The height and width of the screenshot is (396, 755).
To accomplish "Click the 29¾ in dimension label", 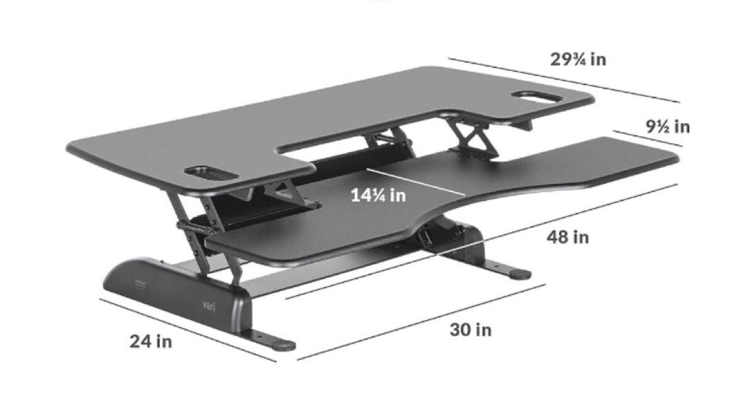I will tap(578, 60).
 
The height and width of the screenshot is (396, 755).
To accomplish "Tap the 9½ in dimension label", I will tap(668, 126).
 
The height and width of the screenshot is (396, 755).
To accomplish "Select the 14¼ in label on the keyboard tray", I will tap(378, 195).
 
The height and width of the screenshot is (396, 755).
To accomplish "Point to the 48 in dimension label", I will tap(568, 237).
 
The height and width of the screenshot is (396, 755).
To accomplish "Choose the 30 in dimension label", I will tap(471, 329).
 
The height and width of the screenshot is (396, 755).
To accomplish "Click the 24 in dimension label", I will tap(151, 341).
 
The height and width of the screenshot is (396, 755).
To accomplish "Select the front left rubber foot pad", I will tap(283, 344).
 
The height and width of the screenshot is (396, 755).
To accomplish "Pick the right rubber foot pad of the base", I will tap(520, 274).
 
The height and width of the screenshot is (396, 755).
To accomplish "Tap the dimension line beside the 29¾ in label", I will tap(564, 80).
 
